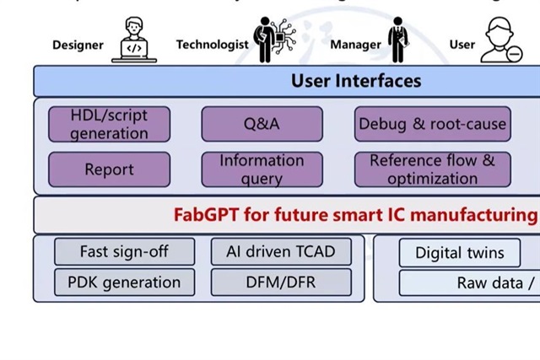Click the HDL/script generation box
point(109,124)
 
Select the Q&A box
point(262,124)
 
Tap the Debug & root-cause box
point(432,124)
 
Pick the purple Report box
point(109,169)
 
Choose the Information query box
point(262,169)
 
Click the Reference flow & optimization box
point(432,169)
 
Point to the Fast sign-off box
point(124,251)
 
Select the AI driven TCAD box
point(281,251)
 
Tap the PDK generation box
point(124,282)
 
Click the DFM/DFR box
point(281,282)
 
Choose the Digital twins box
point(460,252)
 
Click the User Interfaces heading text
point(356,81)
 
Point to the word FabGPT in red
point(205,214)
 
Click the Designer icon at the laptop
point(134,41)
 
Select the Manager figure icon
point(397,40)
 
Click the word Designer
point(78,45)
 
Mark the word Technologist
point(212,45)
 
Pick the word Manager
point(355,45)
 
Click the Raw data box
point(489,283)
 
